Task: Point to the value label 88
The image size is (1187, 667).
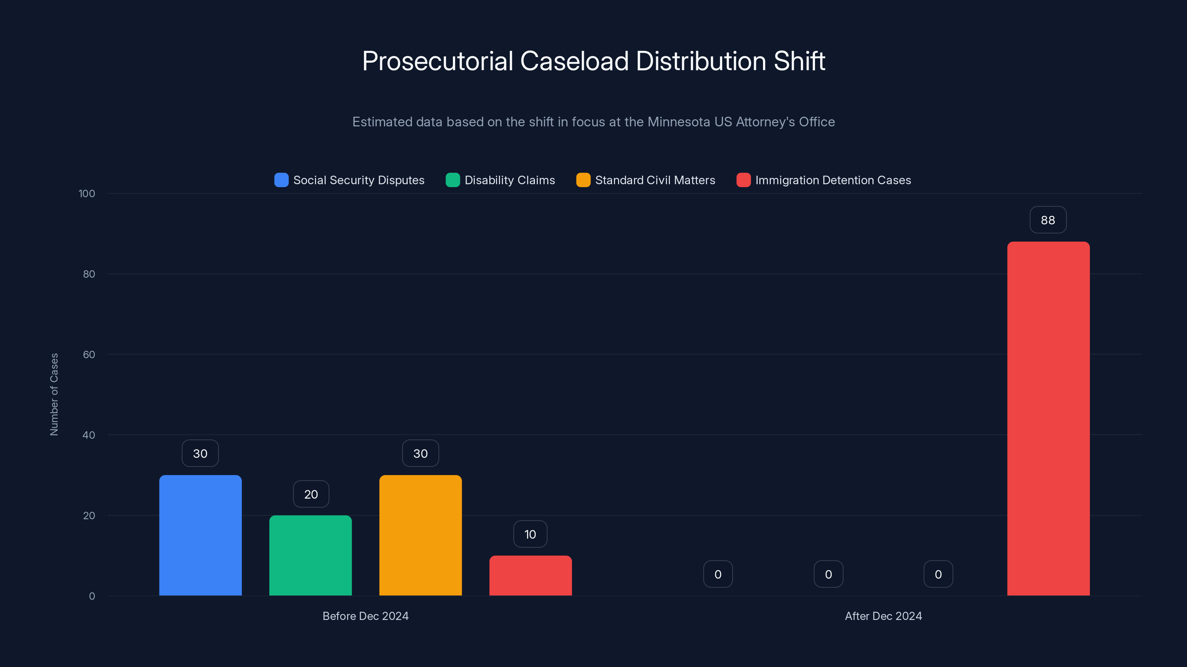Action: pos(1048,220)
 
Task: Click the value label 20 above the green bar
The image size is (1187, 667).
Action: pos(311,494)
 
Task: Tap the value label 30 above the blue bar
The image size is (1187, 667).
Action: pos(200,454)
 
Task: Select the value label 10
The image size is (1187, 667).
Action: pos(530,534)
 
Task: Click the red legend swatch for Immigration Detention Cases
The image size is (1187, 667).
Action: pos(743,180)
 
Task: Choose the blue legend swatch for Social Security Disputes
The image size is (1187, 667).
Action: pos(281,180)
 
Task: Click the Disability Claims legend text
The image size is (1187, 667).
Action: pos(510,180)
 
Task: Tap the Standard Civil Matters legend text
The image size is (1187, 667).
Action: pos(655,180)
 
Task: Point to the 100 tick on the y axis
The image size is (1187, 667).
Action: pos(87,193)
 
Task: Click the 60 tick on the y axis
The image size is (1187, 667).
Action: pos(89,355)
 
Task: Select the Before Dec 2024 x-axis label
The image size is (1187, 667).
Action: pos(365,616)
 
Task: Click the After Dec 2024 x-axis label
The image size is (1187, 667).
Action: pos(883,616)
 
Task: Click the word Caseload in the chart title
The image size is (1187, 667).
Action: pos(574,61)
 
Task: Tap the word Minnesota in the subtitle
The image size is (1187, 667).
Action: pos(679,122)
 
